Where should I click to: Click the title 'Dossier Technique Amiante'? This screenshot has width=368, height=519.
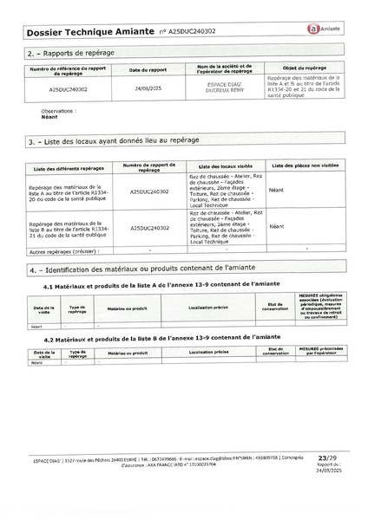pos(86,31)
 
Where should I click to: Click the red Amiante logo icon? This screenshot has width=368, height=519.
pos(311,29)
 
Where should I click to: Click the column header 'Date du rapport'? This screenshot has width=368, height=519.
pos(147,68)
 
